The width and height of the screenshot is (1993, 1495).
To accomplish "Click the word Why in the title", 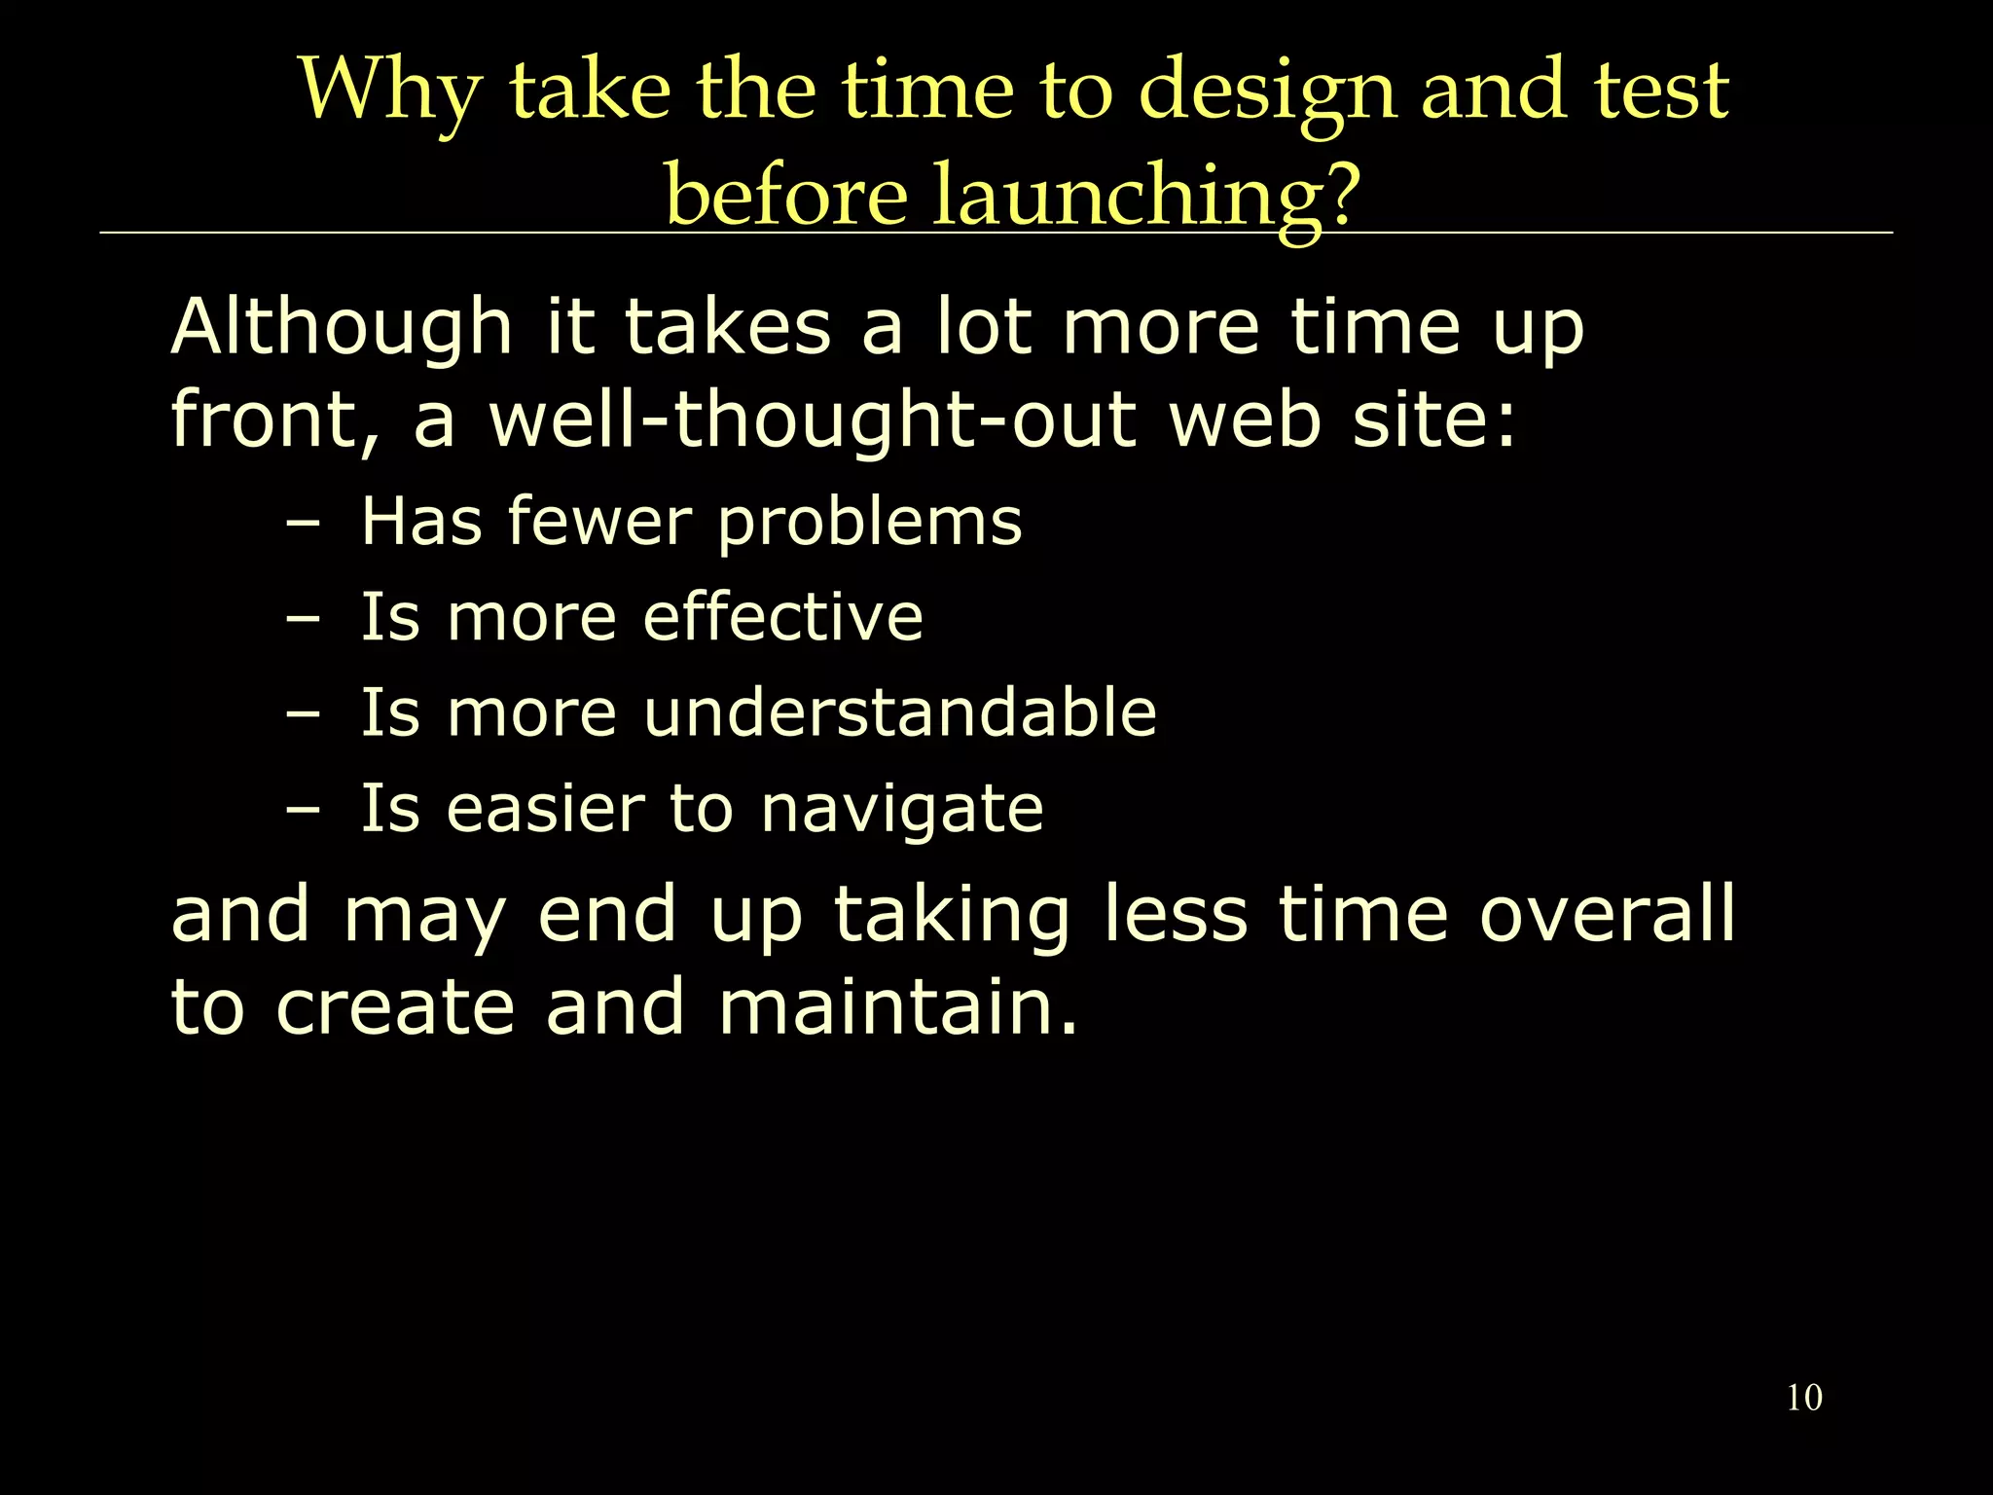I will pos(389,91).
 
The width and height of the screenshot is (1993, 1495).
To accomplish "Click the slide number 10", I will pos(1803,1398).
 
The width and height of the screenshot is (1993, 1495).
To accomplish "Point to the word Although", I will pos(342,328).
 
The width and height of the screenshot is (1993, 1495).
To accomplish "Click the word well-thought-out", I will pos(812,420).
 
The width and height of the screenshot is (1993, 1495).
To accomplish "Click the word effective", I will pos(782,617).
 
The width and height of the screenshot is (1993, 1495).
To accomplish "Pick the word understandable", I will pos(899,712).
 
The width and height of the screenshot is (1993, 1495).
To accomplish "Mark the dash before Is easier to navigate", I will pos(303,811).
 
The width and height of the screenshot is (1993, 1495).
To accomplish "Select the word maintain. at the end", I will pos(898,1007).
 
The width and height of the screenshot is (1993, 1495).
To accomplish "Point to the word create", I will pos(394,1009).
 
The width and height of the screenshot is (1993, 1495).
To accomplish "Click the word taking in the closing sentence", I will pos(951,916).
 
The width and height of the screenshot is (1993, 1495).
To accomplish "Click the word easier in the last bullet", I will pos(545,810).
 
